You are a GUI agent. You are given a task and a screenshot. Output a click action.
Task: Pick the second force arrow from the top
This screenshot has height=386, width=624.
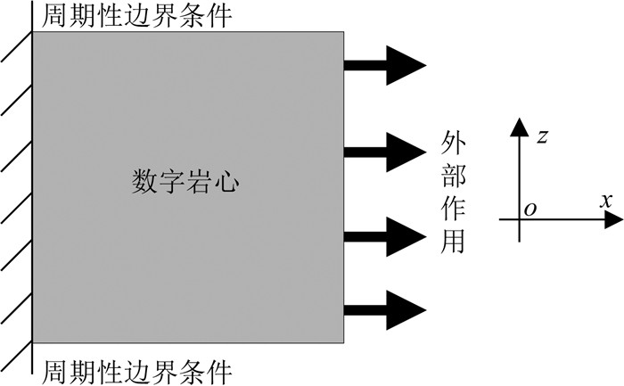385,150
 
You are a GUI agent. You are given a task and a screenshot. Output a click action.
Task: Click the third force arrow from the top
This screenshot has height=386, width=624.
385,236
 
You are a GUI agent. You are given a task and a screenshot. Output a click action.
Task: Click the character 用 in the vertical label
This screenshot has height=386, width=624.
454,242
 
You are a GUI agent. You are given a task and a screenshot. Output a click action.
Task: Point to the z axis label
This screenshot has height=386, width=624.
542,136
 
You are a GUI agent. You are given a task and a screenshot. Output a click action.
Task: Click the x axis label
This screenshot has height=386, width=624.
605,201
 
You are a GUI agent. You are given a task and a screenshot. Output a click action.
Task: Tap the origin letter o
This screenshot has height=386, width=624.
530,209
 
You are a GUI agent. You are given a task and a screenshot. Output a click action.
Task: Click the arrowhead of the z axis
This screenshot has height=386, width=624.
519,126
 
